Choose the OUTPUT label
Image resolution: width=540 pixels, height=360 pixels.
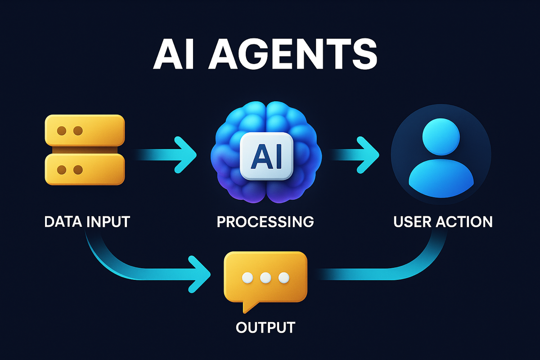pyautogui.click(x=265, y=327)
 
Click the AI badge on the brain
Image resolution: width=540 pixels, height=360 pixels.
pyautogui.click(x=266, y=156)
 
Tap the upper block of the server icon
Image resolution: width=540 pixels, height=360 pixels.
pyautogui.click(x=85, y=130)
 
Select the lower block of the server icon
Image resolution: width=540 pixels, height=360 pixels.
pyautogui.click(x=85, y=170)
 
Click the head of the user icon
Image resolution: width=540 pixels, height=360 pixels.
pyautogui.click(x=441, y=137)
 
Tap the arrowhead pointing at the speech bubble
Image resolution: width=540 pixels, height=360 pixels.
pyautogui.click(x=199, y=274)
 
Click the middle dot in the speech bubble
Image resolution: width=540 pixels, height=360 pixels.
pyautogui.click(x=265, y=278)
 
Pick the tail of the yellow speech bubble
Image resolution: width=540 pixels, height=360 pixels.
pyautogui.click(x=249, y=307)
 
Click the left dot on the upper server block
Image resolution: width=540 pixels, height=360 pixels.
pyautogui.click(x=62, y=131)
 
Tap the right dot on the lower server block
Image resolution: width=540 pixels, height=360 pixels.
pyautogui.click(x=78, y=170)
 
